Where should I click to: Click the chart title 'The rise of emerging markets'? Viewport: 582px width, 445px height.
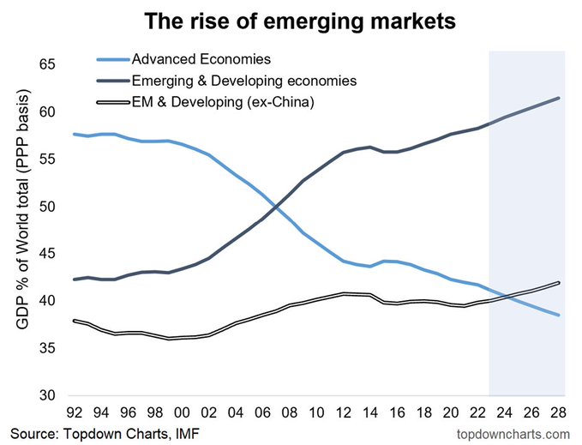click(291, 20)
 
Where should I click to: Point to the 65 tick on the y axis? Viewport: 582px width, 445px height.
click(46, 65)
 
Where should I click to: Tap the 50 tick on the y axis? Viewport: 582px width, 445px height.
click(46, 207)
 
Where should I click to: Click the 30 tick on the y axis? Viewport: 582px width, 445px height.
click(46, 395)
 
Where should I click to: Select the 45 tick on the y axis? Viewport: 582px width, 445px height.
click(46, 254)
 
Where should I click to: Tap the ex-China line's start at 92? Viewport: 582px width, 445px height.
click(75, 321)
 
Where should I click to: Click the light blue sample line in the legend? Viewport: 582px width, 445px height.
click(110, 60)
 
